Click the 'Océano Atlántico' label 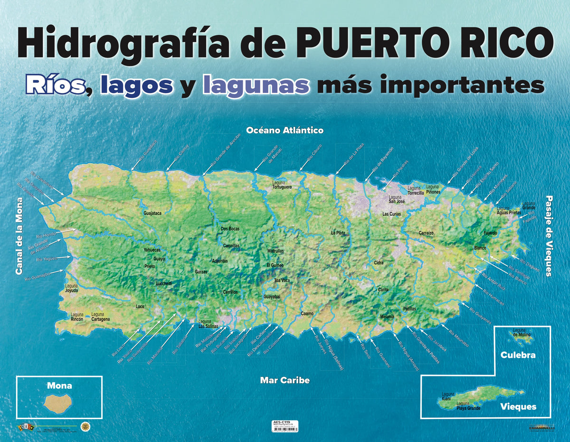(x=285, y=130)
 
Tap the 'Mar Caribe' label (x=285, y=380)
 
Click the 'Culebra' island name (x=518, y=355)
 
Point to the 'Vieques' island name (x=518, y=406)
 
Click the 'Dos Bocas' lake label (x=230, y=229)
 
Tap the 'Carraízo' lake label (x=426, y=233)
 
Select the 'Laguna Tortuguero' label (x=282, y=185)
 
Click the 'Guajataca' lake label (x=152, y=213)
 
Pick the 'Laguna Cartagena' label (x=100, y=317)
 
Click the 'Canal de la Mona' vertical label (x=19, y=236)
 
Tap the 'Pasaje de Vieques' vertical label (x=549, y=236)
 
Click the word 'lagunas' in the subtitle (x=256, y=86)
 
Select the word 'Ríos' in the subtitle (x=55, y=86)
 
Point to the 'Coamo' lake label (x=307, y=314)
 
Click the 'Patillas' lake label (x=409, y=309)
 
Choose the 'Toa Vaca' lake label (x=282, y=280)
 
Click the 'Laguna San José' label (x=397, y=199)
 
